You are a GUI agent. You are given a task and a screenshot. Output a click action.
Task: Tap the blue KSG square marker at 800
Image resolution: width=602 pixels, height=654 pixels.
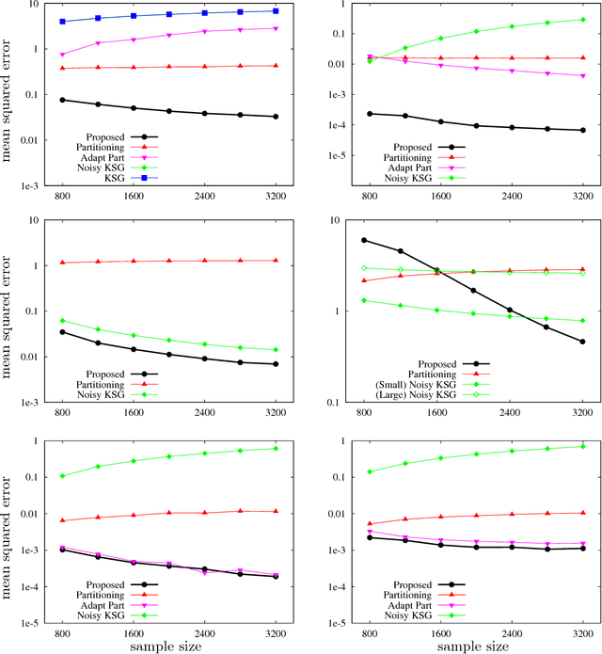coord(62,22)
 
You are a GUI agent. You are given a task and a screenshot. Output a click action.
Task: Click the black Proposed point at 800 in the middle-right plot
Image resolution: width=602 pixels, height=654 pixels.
coord(364,240)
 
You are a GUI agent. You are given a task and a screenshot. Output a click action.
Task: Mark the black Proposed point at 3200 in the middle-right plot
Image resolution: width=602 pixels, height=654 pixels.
coord(582,342)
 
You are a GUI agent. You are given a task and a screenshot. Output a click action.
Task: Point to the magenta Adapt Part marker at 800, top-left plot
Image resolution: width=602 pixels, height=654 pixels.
coord(62,55)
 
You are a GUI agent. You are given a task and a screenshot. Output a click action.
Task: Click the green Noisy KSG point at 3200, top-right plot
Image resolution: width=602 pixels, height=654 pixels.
coord(582,19)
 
